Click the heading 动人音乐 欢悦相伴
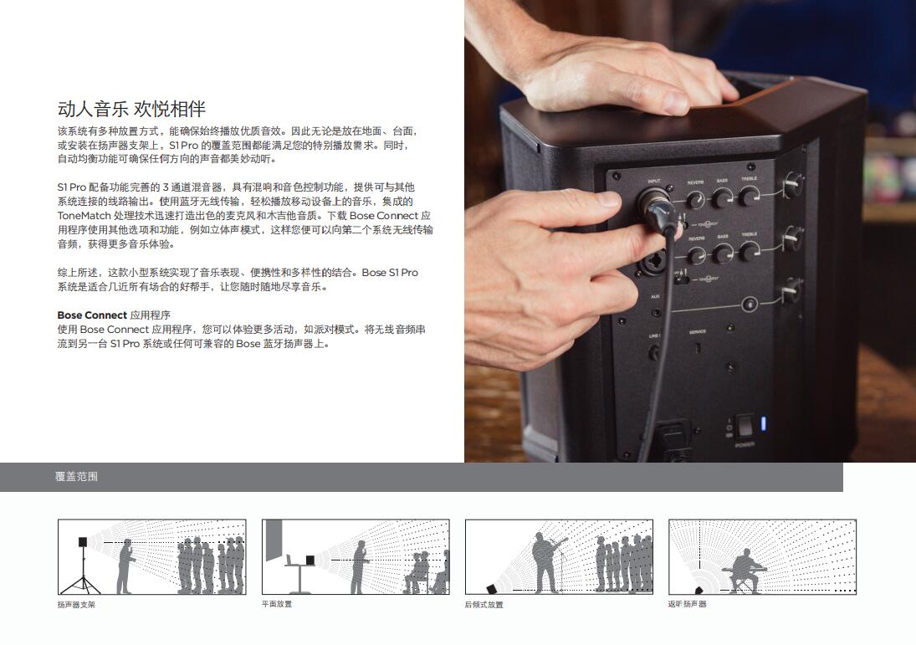[x=131, y=109]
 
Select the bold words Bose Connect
[x=92, y=315]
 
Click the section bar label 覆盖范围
[x=76, y=476]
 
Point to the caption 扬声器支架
[x=76, y=605]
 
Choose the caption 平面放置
[x=276, y=604]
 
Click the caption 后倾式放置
[x=484, y=605]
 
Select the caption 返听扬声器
[x=687, y=604]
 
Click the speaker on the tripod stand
[x=83, y=542]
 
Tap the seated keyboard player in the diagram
[x=743, y=571]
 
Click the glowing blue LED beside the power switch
[x=763, y=423]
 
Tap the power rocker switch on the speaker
[x=745, y=427]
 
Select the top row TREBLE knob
[x=749, y=197]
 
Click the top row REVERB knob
[x=695, y=201]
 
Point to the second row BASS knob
[x=723, y=253]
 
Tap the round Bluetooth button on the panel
[x=750, y=305]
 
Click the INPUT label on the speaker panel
[x=653, y=182]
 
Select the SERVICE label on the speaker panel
[x=698, y=332]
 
